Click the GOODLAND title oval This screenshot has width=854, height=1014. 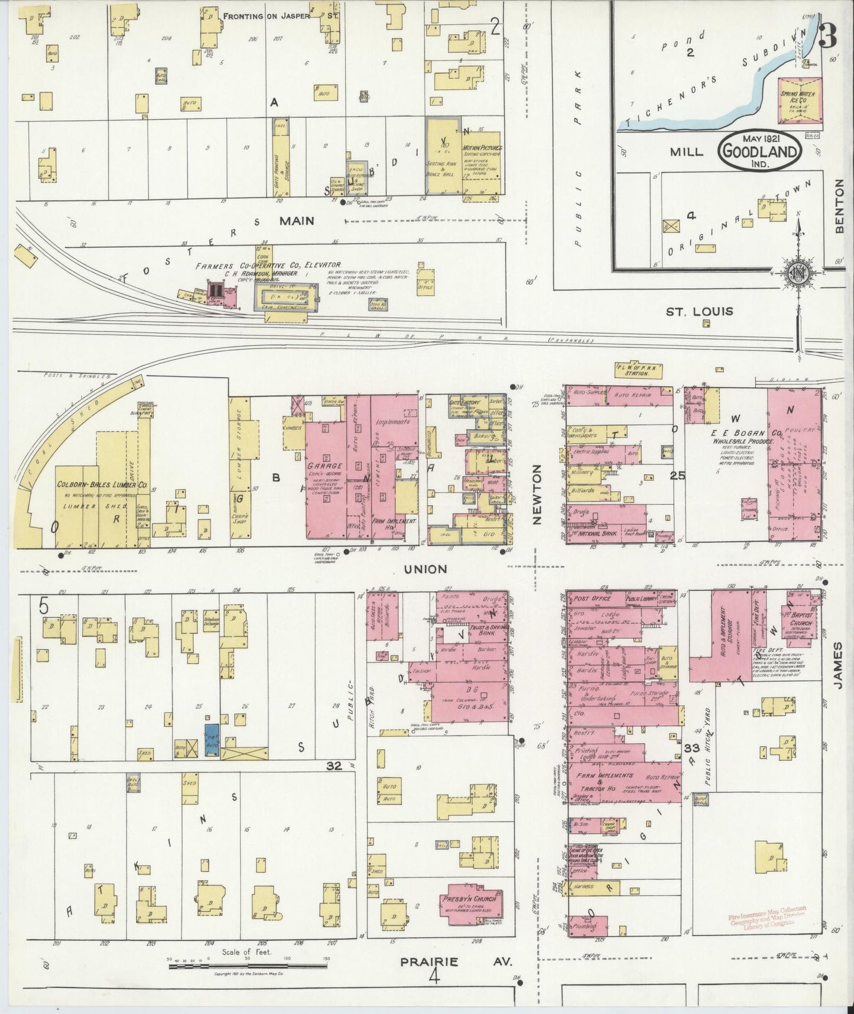pyautogui.click(x=759, y=151)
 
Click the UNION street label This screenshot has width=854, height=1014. pyautogui.click(x=425, y=569)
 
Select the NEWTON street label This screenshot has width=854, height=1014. pyautogui.click(x=537, y=494)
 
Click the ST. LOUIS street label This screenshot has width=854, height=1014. pyautogui.click(x=699, y=311)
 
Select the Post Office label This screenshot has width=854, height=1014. pyautogui.click(x=592, y=598)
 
